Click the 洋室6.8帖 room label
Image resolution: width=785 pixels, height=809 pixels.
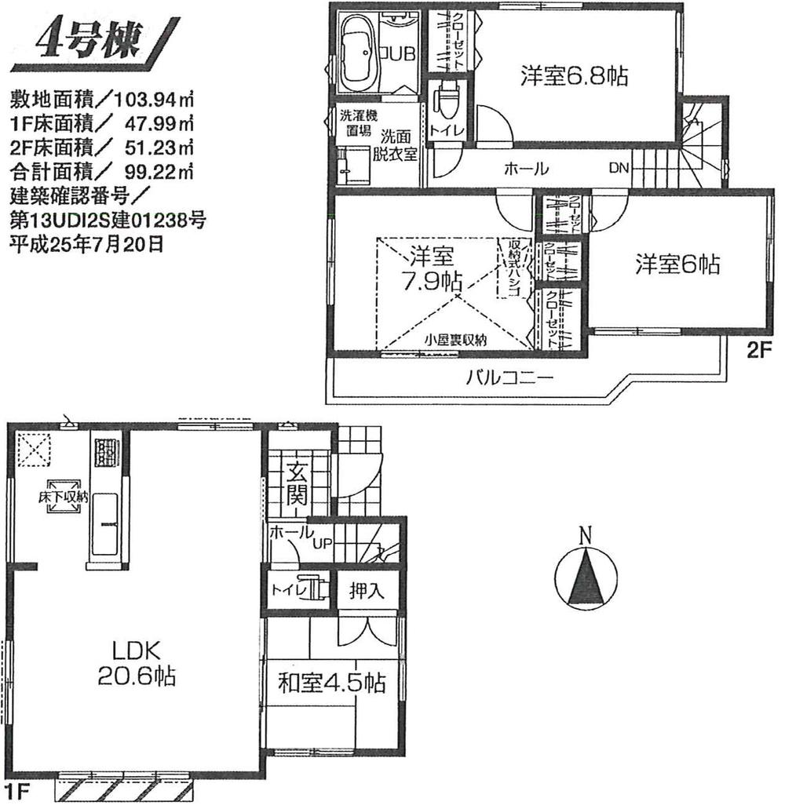pos(575,75)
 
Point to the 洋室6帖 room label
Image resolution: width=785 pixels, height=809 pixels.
pos(677,264)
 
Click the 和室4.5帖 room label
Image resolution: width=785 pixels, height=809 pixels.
pos(332,683)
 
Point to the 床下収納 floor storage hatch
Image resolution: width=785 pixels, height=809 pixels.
pos(64,497)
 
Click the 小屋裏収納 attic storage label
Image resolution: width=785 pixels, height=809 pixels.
pos(456,341)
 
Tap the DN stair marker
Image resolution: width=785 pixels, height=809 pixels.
pos(619,168)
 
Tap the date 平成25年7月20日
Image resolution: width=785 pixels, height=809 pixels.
pos(86,242)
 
